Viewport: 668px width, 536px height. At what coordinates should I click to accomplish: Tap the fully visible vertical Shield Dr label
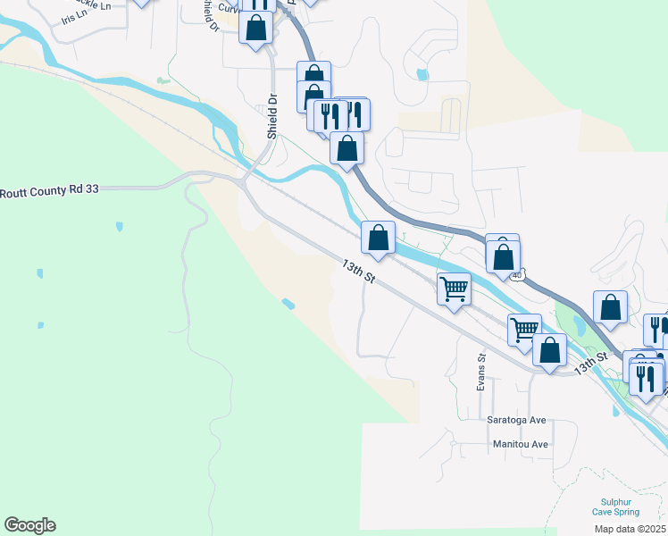tap(273, 116)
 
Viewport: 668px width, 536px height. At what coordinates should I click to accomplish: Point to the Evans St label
tap(480, 372)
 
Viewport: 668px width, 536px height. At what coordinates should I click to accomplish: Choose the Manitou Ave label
tap(520, 444)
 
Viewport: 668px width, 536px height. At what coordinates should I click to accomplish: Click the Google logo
tap(29, 525)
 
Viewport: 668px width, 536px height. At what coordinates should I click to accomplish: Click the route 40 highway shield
tap(517, 275)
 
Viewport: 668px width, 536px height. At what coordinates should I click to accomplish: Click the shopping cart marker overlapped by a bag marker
tap(524, 329)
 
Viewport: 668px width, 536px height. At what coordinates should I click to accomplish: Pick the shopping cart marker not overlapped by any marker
tap(454, 289)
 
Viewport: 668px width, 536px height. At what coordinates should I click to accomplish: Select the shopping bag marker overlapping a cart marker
tap(549, 349)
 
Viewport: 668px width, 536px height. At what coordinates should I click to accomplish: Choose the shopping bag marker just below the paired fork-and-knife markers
tap(347, 147)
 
